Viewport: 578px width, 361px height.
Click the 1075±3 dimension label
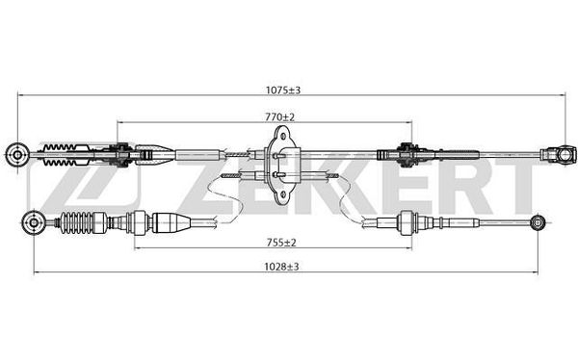point(283,90)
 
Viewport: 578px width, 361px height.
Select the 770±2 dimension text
point(280,117)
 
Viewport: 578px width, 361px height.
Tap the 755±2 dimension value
point(281,243)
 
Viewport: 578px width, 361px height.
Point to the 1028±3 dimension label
point(281,267)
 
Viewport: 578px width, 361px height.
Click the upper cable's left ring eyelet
point(17,154)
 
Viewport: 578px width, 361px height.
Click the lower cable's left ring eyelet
point(34,223)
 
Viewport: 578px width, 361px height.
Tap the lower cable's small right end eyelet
point(538,222)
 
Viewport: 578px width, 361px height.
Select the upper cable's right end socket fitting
point(558,154)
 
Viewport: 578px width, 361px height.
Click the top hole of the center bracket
point(283,137)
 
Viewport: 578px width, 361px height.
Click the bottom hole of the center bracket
point(283,193)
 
